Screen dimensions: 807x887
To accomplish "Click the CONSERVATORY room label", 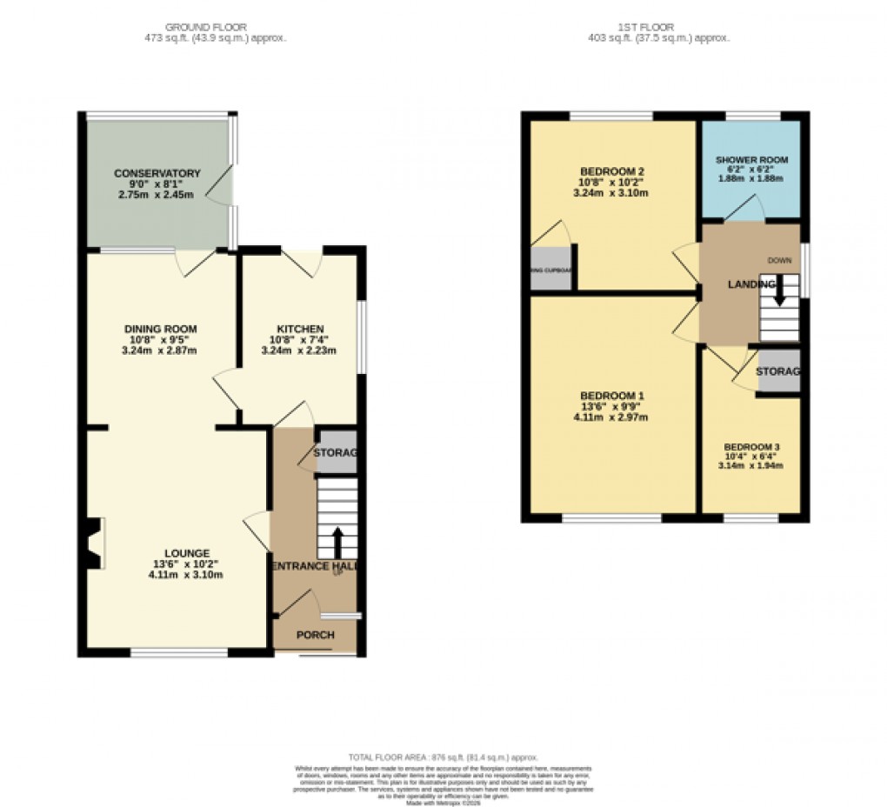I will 157,174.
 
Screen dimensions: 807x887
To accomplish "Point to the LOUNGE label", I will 186,552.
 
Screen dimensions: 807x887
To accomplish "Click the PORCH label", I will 315,635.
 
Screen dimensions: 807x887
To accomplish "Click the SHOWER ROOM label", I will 751,160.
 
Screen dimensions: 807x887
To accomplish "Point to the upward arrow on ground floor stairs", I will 338,542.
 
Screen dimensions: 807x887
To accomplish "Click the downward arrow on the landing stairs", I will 779,290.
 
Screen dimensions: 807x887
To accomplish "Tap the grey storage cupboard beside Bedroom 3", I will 777,371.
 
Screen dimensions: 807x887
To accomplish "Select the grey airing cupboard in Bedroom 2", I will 552,270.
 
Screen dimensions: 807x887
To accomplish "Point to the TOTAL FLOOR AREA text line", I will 443,757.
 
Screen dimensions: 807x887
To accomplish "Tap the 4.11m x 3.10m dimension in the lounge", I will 186,575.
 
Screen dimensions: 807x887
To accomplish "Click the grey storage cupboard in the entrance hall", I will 337,452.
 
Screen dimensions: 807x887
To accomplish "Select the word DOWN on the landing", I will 778,260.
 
